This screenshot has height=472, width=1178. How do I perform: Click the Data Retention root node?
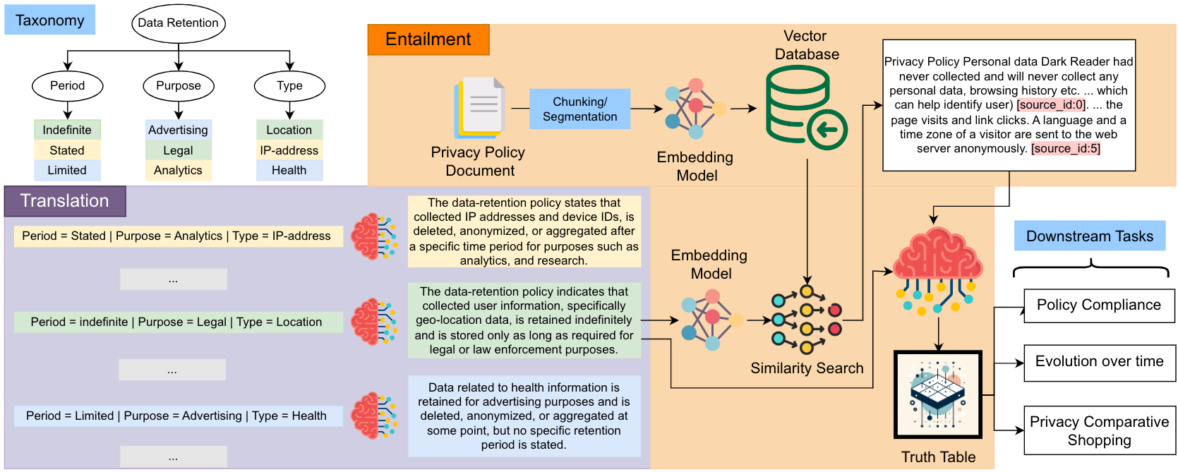coord(178,23)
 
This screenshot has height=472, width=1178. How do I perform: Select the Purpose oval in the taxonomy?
coord(178,86)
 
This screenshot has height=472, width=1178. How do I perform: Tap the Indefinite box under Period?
coord(67,130)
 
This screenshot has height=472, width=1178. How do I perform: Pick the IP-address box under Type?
coord(289,150)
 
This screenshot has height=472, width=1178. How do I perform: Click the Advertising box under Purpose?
coord(178,130)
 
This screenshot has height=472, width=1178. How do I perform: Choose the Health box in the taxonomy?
coord(289,170)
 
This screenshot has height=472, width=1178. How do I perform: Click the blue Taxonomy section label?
coord(49,20)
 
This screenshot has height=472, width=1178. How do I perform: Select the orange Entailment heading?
coord(428,40)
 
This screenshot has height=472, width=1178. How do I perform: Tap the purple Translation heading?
coord(65,201)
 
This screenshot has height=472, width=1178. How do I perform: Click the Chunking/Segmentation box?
coord(579,109)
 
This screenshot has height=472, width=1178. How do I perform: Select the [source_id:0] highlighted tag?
coord(1051,105)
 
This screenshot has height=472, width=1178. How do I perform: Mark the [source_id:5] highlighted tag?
coord(1065,148)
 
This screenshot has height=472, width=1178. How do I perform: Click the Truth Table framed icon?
coord(938,394)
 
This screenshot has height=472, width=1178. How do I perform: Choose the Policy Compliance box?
coord(1098,305)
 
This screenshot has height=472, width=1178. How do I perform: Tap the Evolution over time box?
coord(1099,363)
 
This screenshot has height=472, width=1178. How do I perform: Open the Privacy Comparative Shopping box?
coord(1099,430)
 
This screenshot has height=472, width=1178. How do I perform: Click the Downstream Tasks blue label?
coord(1089,236)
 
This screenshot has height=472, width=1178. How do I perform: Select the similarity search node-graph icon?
coord(806,320)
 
